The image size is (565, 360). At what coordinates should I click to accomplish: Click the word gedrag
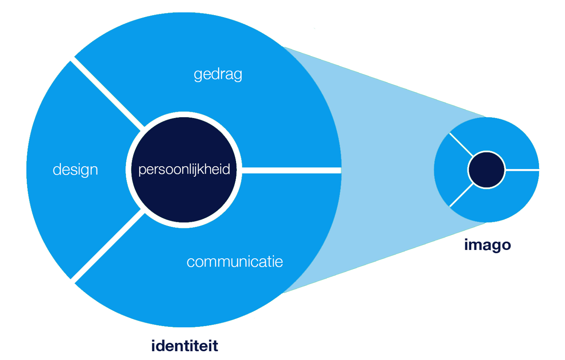[218, 75]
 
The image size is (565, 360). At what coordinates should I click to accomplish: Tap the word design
[75, 170]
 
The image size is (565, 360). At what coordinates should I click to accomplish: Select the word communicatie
[234, 262]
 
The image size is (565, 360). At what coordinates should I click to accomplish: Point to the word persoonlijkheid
[184, 170]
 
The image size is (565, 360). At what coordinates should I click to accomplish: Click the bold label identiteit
[185, 346]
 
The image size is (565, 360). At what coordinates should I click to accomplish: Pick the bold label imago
[488, 245]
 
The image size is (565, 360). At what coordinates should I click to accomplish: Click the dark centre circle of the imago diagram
[487, 170]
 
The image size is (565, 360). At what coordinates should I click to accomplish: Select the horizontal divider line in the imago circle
[522, 170]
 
